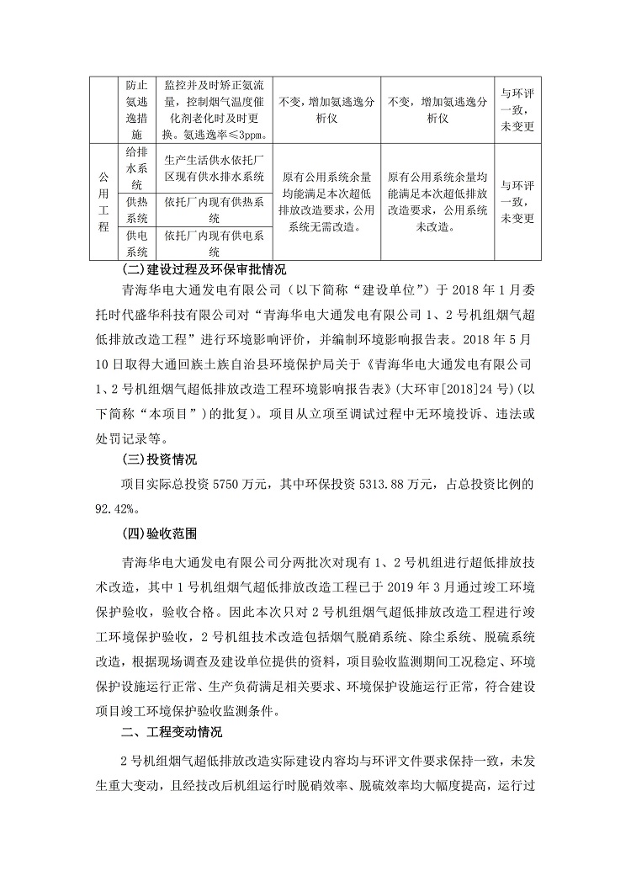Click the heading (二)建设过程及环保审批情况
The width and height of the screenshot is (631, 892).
pos(204,270)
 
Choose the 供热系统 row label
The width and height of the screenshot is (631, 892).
pos(136,210)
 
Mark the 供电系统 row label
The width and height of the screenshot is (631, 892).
pos(136,242)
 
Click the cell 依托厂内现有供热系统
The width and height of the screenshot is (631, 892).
pos(215,210)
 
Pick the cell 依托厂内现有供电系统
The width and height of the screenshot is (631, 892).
pos(215,242)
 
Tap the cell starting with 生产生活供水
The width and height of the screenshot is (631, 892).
pos(215,168)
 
